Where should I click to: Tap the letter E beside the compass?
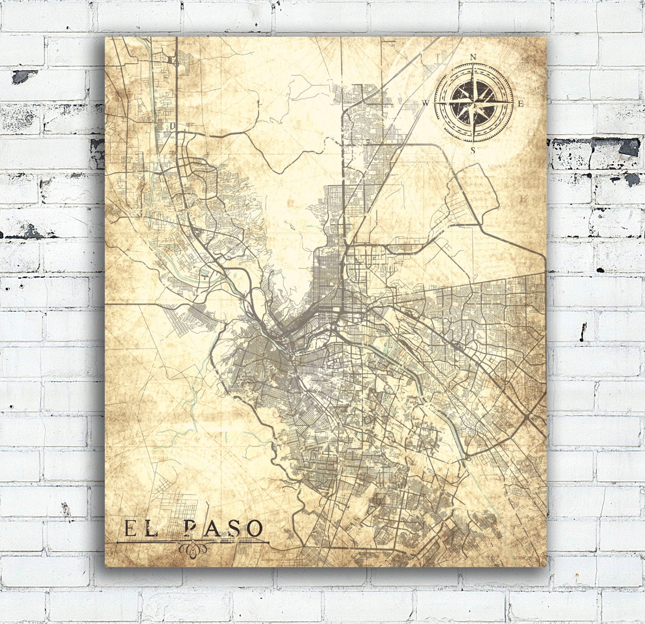click(x=520, y=104)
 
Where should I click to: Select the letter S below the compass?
click(x=473, y=150)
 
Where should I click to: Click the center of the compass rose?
click(x=473, y=103)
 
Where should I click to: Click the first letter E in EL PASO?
click(x=130, y=529)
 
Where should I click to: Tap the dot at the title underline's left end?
click(x=117, y=542)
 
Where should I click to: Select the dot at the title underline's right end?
click(x=268, y=542)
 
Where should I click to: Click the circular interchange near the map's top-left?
click(x=176, y=63)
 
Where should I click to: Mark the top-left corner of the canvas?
click(x=106, y=37)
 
